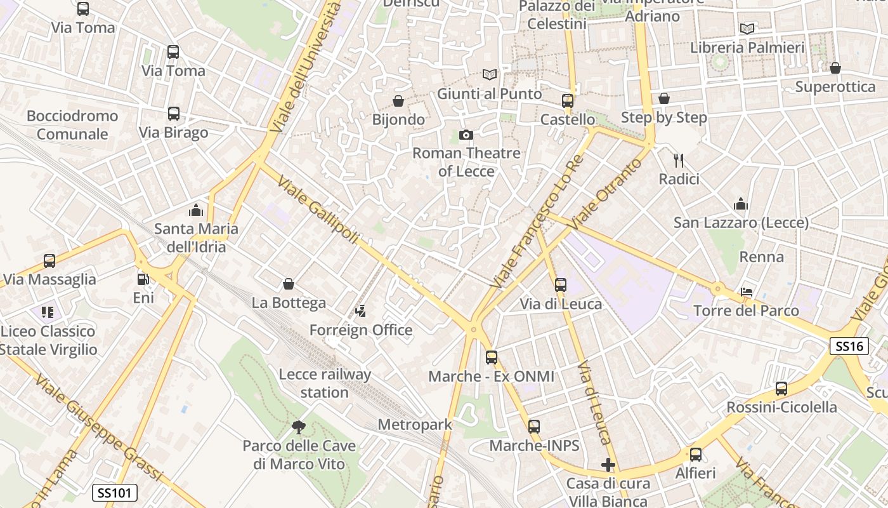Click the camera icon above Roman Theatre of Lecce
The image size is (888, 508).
point(466,135)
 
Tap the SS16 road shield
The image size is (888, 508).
point(849,346)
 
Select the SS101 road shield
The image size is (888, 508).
point(114,493)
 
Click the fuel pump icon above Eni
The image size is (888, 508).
point(143,279)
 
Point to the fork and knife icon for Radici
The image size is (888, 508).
point(679,160)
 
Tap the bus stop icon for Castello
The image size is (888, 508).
point(568,101)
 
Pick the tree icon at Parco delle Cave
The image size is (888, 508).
point(298,427)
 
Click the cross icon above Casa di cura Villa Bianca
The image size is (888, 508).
point(608,465)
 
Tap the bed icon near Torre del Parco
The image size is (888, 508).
point(747,292)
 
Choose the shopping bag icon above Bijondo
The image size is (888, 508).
point(398,101)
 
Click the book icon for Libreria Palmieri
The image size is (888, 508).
point(747,29)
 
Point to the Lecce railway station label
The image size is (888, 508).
point(325,384)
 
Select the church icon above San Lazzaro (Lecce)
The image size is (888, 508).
point(741,204)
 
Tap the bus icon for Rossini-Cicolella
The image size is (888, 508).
point(781,389)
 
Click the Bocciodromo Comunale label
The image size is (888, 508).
point(72,125)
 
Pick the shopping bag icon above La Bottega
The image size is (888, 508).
point(289,284)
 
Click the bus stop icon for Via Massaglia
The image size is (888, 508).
point(49,260)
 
